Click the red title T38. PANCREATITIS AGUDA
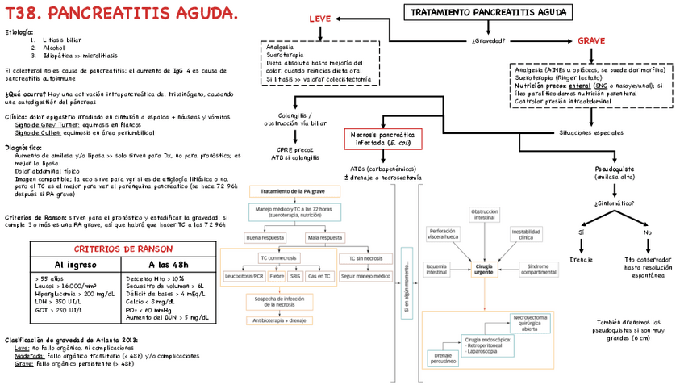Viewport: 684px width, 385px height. point(122,14)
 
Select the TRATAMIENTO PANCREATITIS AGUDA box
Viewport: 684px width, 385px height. point(488,13)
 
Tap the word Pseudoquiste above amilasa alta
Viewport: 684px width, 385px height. point(614,169)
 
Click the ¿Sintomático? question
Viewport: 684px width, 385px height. point(614,203)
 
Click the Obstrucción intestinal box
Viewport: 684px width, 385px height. point(485,215)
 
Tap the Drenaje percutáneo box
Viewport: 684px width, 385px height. point(442,358)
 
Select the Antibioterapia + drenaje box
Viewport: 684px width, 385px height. point(281,320)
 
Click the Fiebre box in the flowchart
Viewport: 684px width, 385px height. point(277,276)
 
